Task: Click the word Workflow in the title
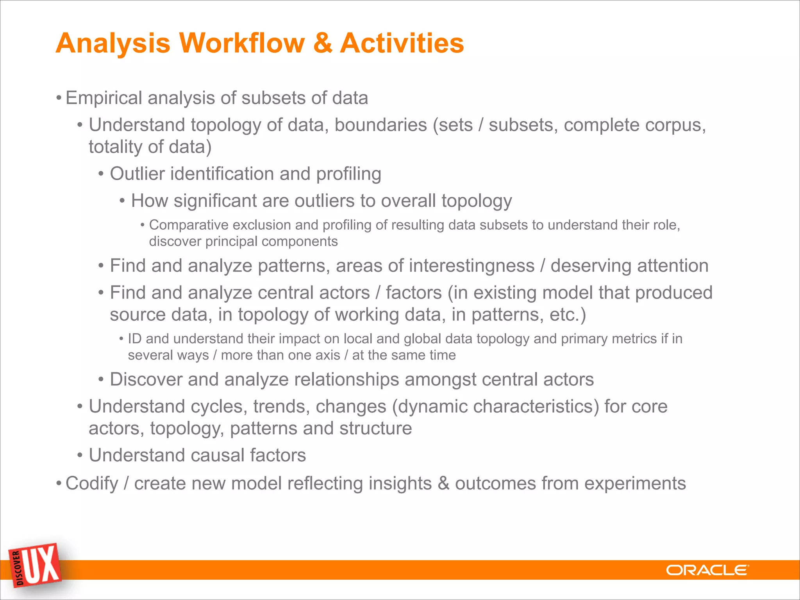242,43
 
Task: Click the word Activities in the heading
402,43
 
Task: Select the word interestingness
471,266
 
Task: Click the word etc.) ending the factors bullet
568,315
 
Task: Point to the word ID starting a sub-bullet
135,339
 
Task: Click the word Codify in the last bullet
92,484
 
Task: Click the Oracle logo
707,570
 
